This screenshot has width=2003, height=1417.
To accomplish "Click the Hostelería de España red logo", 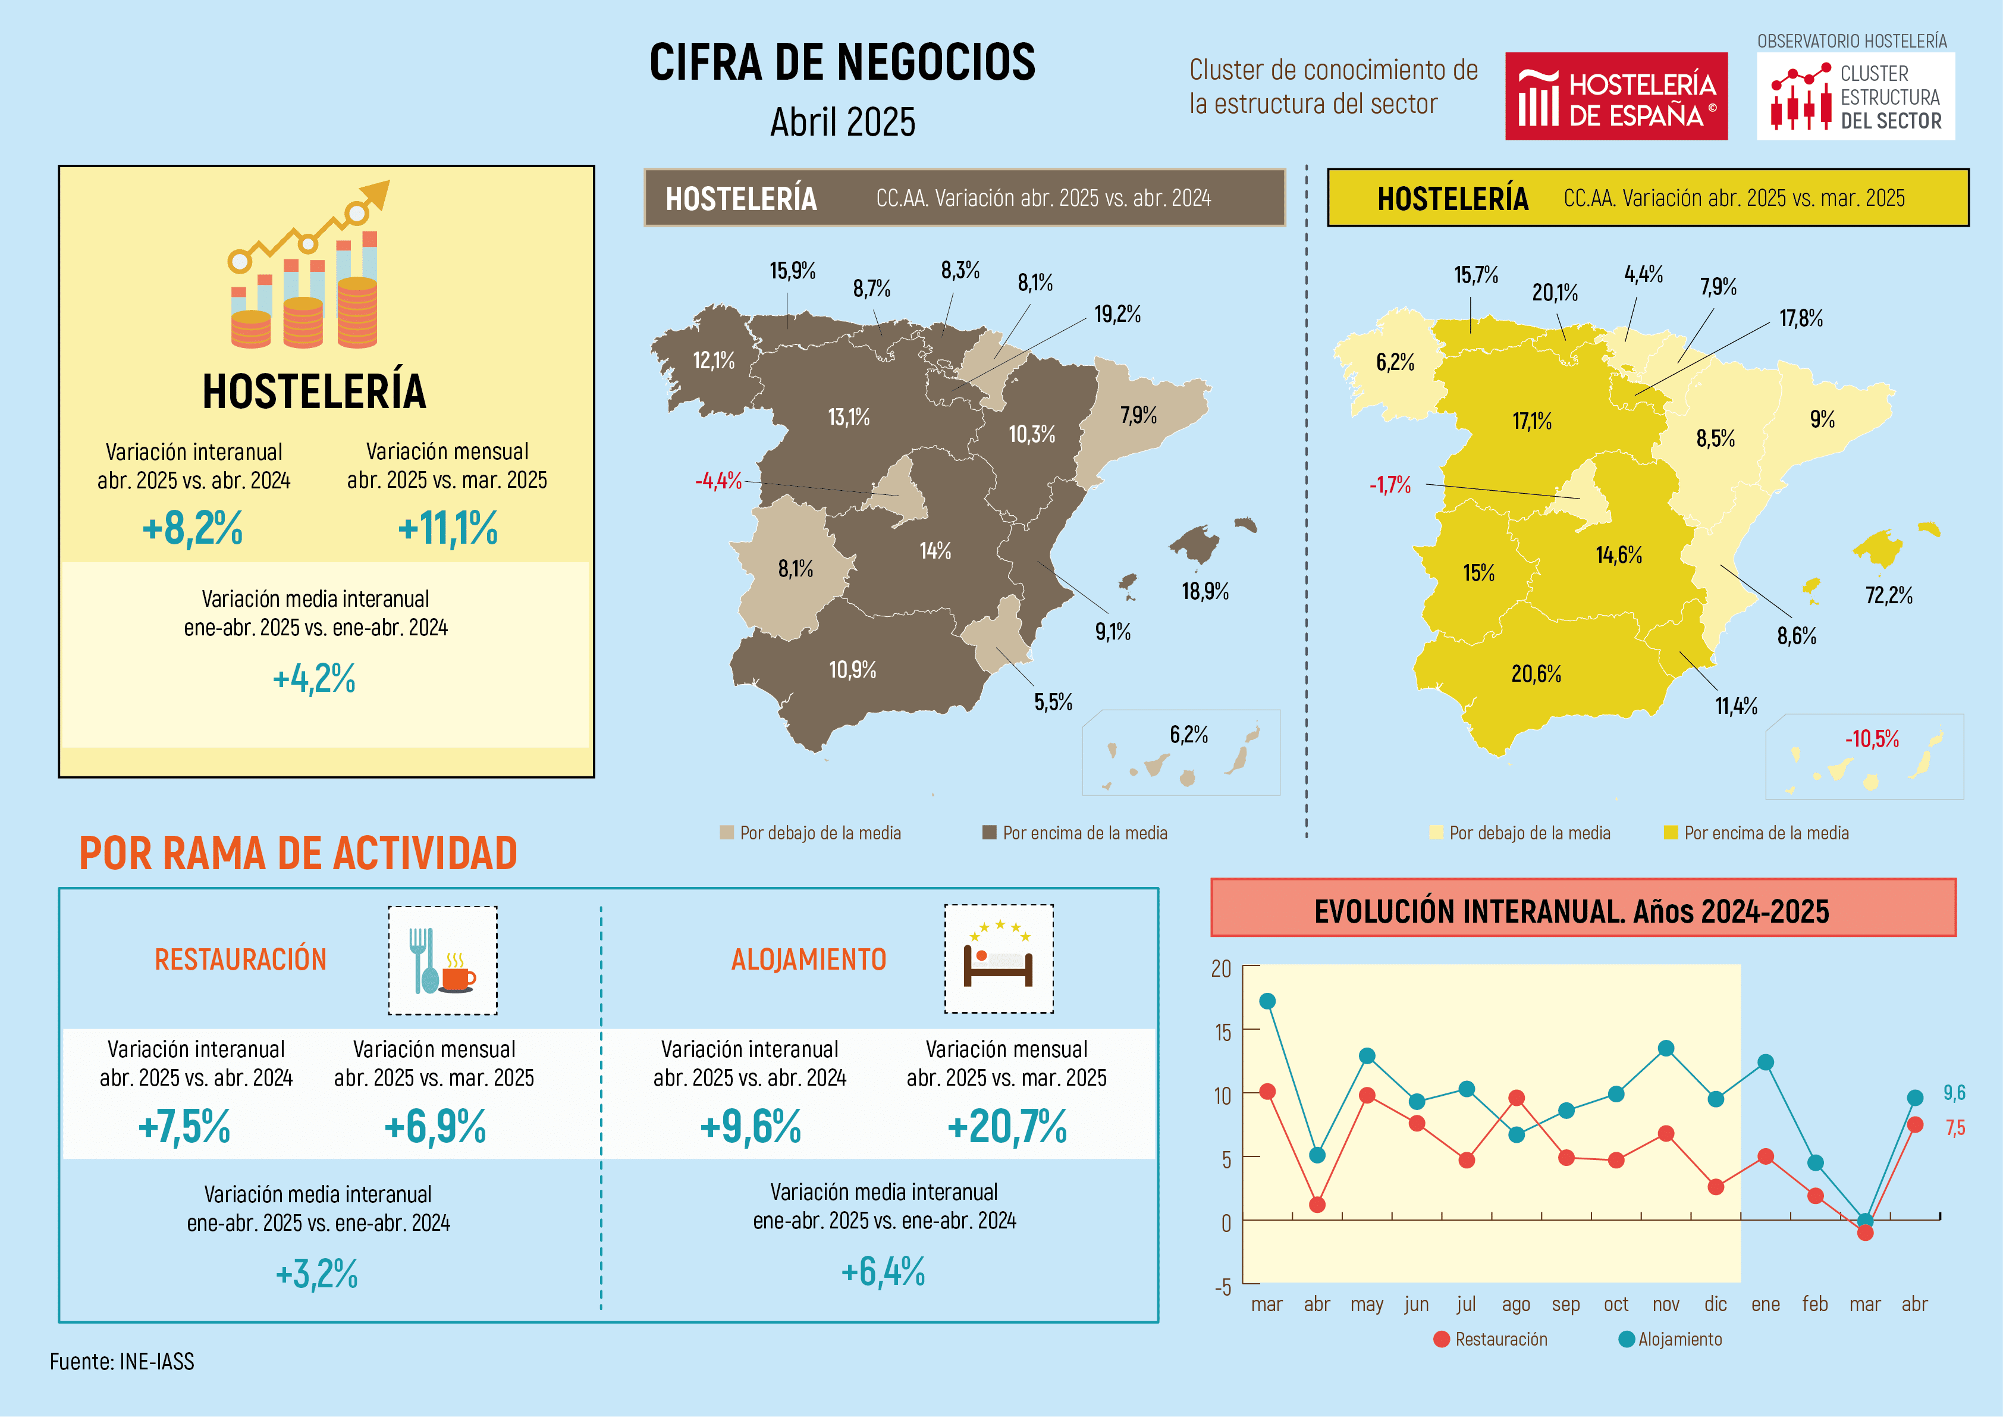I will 1616,96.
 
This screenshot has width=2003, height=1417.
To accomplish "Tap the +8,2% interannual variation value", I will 193,528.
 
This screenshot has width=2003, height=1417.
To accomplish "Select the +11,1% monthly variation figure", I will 448,528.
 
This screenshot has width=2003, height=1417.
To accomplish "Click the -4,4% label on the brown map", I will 718,481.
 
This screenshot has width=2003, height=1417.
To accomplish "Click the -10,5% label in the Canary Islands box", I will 1871,739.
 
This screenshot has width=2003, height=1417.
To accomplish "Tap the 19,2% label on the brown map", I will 1117,314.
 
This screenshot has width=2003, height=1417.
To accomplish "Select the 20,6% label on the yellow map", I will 1536,673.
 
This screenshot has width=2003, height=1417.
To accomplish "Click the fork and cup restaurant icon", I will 442,960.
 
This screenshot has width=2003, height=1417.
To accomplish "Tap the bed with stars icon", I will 999,959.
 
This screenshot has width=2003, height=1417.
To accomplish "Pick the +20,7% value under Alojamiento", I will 1007,1127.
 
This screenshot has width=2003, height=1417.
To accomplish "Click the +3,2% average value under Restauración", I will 316,1274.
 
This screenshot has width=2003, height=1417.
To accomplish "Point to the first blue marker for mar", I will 1267,1001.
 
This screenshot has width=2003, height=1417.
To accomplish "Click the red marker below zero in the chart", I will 1865,1232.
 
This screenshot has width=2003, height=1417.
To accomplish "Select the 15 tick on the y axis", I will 1222,1032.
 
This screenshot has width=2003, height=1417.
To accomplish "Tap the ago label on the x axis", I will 1516,1305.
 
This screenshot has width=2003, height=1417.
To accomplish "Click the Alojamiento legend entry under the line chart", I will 1670,1339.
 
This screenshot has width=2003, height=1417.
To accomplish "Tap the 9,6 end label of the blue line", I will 1954,1092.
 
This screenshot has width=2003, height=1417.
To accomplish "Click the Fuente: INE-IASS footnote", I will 122,1361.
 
